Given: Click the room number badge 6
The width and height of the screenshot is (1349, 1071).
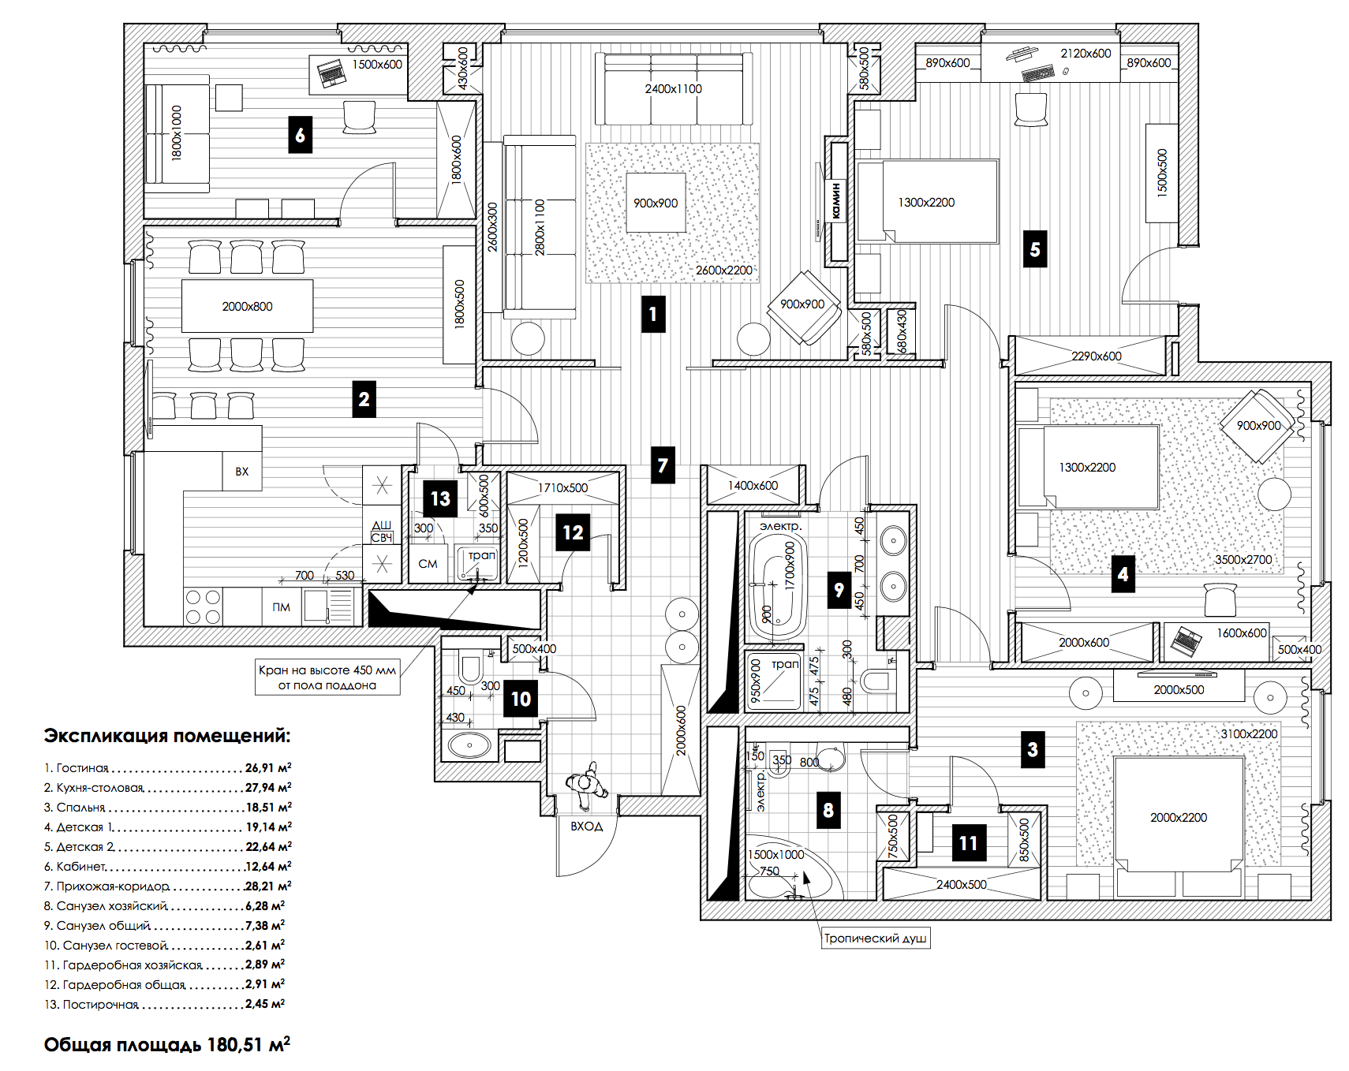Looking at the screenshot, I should (x=300, y=135).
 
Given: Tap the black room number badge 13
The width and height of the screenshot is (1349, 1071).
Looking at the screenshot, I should (x=440, y=498).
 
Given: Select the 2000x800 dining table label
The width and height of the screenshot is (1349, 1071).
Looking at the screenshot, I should (x=247, y=306).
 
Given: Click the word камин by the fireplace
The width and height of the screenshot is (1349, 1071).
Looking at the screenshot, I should (x=836, y=200).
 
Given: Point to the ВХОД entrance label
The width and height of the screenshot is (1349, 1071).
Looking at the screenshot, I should (x=586, y=826).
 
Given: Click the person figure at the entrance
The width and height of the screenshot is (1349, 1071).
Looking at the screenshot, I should (x=585, y=784).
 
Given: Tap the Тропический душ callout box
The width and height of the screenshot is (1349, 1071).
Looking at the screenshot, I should (x=875, y=938).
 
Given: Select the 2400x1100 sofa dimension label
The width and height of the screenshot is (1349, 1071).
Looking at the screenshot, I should (x=673, y=88).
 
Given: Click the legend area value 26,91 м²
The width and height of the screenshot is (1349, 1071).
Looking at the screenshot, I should (x=268, y=767).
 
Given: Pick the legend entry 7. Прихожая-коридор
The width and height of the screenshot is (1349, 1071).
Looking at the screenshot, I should (x=106, y=886).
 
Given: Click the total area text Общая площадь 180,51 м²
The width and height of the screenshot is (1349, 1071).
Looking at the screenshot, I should (x=166, y=1044).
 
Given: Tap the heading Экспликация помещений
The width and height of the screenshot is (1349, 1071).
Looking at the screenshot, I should (x=166, y=736).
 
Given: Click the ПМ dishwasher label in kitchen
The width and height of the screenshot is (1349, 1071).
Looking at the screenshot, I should (x=281, y=606).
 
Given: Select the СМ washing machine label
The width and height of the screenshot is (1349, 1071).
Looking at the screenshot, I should (x=428, y=563).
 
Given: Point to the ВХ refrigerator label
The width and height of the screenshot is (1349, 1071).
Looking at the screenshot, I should (x=241, y=471).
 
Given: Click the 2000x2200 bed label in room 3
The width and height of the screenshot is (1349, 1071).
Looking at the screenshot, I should (x=1178, y=817).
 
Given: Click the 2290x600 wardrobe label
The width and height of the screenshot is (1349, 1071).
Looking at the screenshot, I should (x=1096, y=356).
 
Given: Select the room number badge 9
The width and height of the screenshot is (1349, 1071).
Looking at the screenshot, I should (x=839, y=589).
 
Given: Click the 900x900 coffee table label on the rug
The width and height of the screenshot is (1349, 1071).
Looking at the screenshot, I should (x=656, y=203).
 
